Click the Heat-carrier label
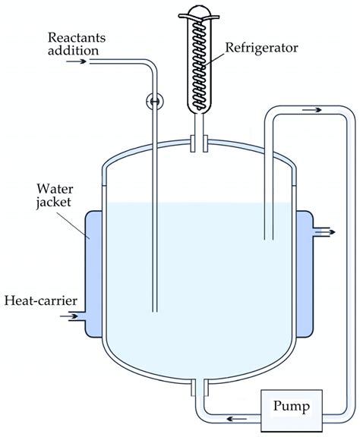[x=40, y=301]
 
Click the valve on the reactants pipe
[x=154, y=100]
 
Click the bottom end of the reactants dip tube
[x=154, y=310]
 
